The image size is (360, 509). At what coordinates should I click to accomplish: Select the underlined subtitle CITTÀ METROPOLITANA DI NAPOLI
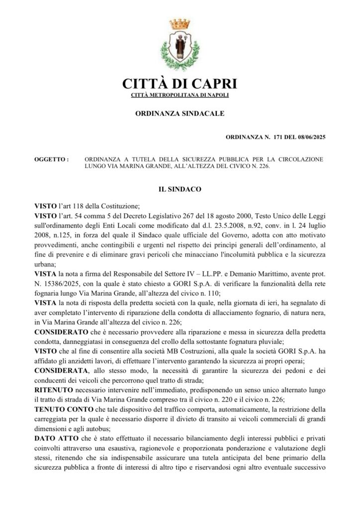click(180, 94)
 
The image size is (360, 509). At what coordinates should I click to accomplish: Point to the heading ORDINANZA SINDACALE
click(180, 114)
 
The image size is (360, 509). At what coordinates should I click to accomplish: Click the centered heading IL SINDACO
click(180, 189)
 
